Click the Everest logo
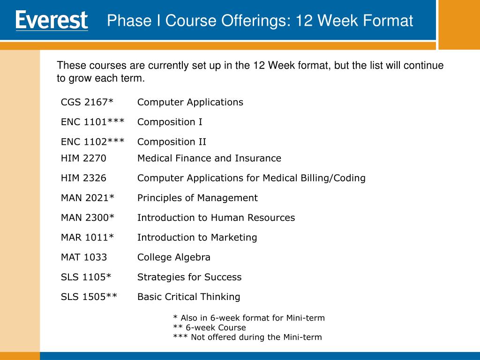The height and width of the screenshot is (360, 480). (x=52, y=21)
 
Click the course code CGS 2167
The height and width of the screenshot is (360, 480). (x=87, y=102)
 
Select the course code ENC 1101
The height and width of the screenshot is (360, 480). (x=93, y=122)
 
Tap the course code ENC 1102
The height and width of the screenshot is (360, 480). (x=93, y=142)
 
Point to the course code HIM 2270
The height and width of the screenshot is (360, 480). (x=83, y=158)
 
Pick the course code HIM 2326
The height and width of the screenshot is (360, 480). (x=83, y=178)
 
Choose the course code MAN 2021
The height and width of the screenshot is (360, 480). (x=88, y=198)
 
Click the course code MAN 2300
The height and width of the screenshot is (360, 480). (x=88, y=217)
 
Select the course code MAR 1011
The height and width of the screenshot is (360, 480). (x=87, y=237)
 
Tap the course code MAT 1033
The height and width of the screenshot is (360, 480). (x=84, y=257)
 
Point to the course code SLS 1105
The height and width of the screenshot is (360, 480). (x=86, y=277)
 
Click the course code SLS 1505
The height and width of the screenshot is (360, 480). (x=89, y=297)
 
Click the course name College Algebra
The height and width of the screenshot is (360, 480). (x=174, y=257)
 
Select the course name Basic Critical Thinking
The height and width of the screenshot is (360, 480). (x=189, y=297)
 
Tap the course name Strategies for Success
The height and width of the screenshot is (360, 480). (x=189, y=277)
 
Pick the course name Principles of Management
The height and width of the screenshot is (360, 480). (x=197, y=198)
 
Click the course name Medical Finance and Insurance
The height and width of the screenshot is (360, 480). (x=210, y=158)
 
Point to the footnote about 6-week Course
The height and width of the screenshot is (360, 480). (x=210, y=328)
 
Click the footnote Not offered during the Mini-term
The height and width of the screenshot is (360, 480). (x=247, y=337)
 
